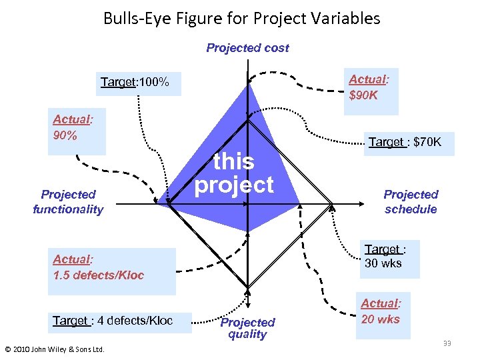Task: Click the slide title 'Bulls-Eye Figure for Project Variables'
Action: coord(241,18)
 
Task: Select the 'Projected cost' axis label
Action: coord(247,48)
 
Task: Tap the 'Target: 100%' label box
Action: coord(135,83)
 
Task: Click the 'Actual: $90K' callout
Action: coord(369,87)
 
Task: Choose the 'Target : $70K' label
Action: coord(405,142)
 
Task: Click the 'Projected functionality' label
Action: coord(69,202)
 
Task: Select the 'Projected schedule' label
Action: coord(411,202)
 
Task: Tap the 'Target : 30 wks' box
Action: coord(383,256)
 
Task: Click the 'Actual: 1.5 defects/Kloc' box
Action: coord(98,267)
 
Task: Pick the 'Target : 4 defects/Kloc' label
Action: coord(113,321)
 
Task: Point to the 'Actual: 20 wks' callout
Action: coord(381,311)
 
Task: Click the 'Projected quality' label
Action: coord(247,328)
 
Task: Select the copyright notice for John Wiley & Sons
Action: coord(55,348)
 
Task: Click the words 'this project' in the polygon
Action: coord(234,173)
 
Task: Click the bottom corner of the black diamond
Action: coord(247,288)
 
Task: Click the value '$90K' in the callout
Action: coord(363,95)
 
